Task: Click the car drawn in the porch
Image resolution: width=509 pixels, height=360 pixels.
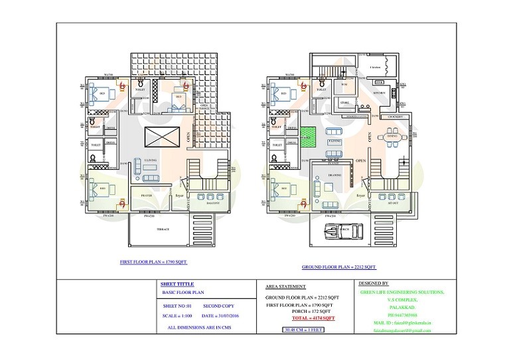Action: pos(339,231)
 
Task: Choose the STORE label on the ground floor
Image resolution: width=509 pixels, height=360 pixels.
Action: pos(344,103)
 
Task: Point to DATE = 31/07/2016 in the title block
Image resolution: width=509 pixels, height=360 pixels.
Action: pos(201,316)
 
